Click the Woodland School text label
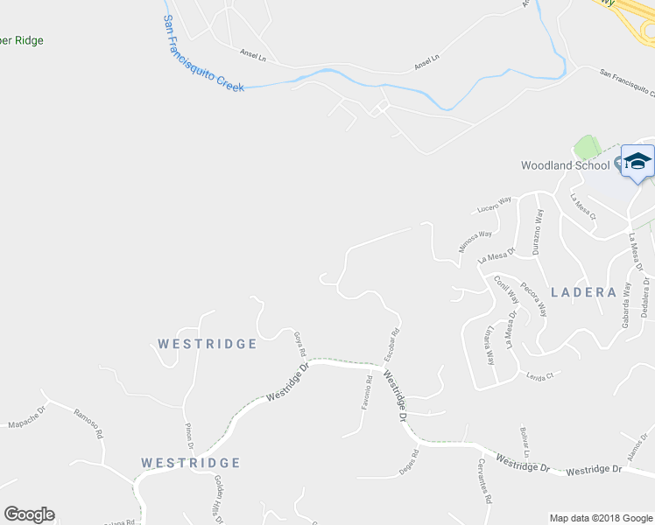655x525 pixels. point(565,165)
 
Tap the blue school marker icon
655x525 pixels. point(637,162)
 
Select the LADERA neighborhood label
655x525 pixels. point(583,292)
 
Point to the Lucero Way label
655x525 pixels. point(494,206)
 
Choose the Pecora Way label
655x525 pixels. point(533,298)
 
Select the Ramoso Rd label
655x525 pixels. point(88,423)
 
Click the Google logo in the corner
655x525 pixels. point(29,514)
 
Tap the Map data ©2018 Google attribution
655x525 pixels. point(599,518)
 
